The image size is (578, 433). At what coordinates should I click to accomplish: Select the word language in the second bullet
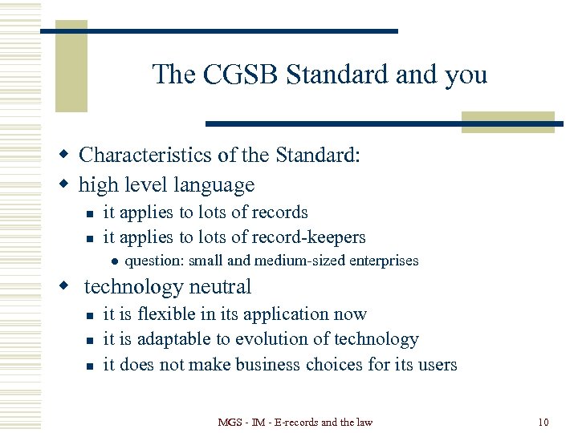tap(215, 185)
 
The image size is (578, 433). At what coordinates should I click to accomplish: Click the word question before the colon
tap(154, 261)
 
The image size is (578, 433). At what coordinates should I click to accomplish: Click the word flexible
tap(174, 314)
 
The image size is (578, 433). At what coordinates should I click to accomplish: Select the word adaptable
tap(179, 340)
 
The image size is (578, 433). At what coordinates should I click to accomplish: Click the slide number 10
tap(543, 422)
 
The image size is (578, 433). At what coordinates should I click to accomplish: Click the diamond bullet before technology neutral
tap(71, 287)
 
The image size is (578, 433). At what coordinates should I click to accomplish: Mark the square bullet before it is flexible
tap(92, 315)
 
